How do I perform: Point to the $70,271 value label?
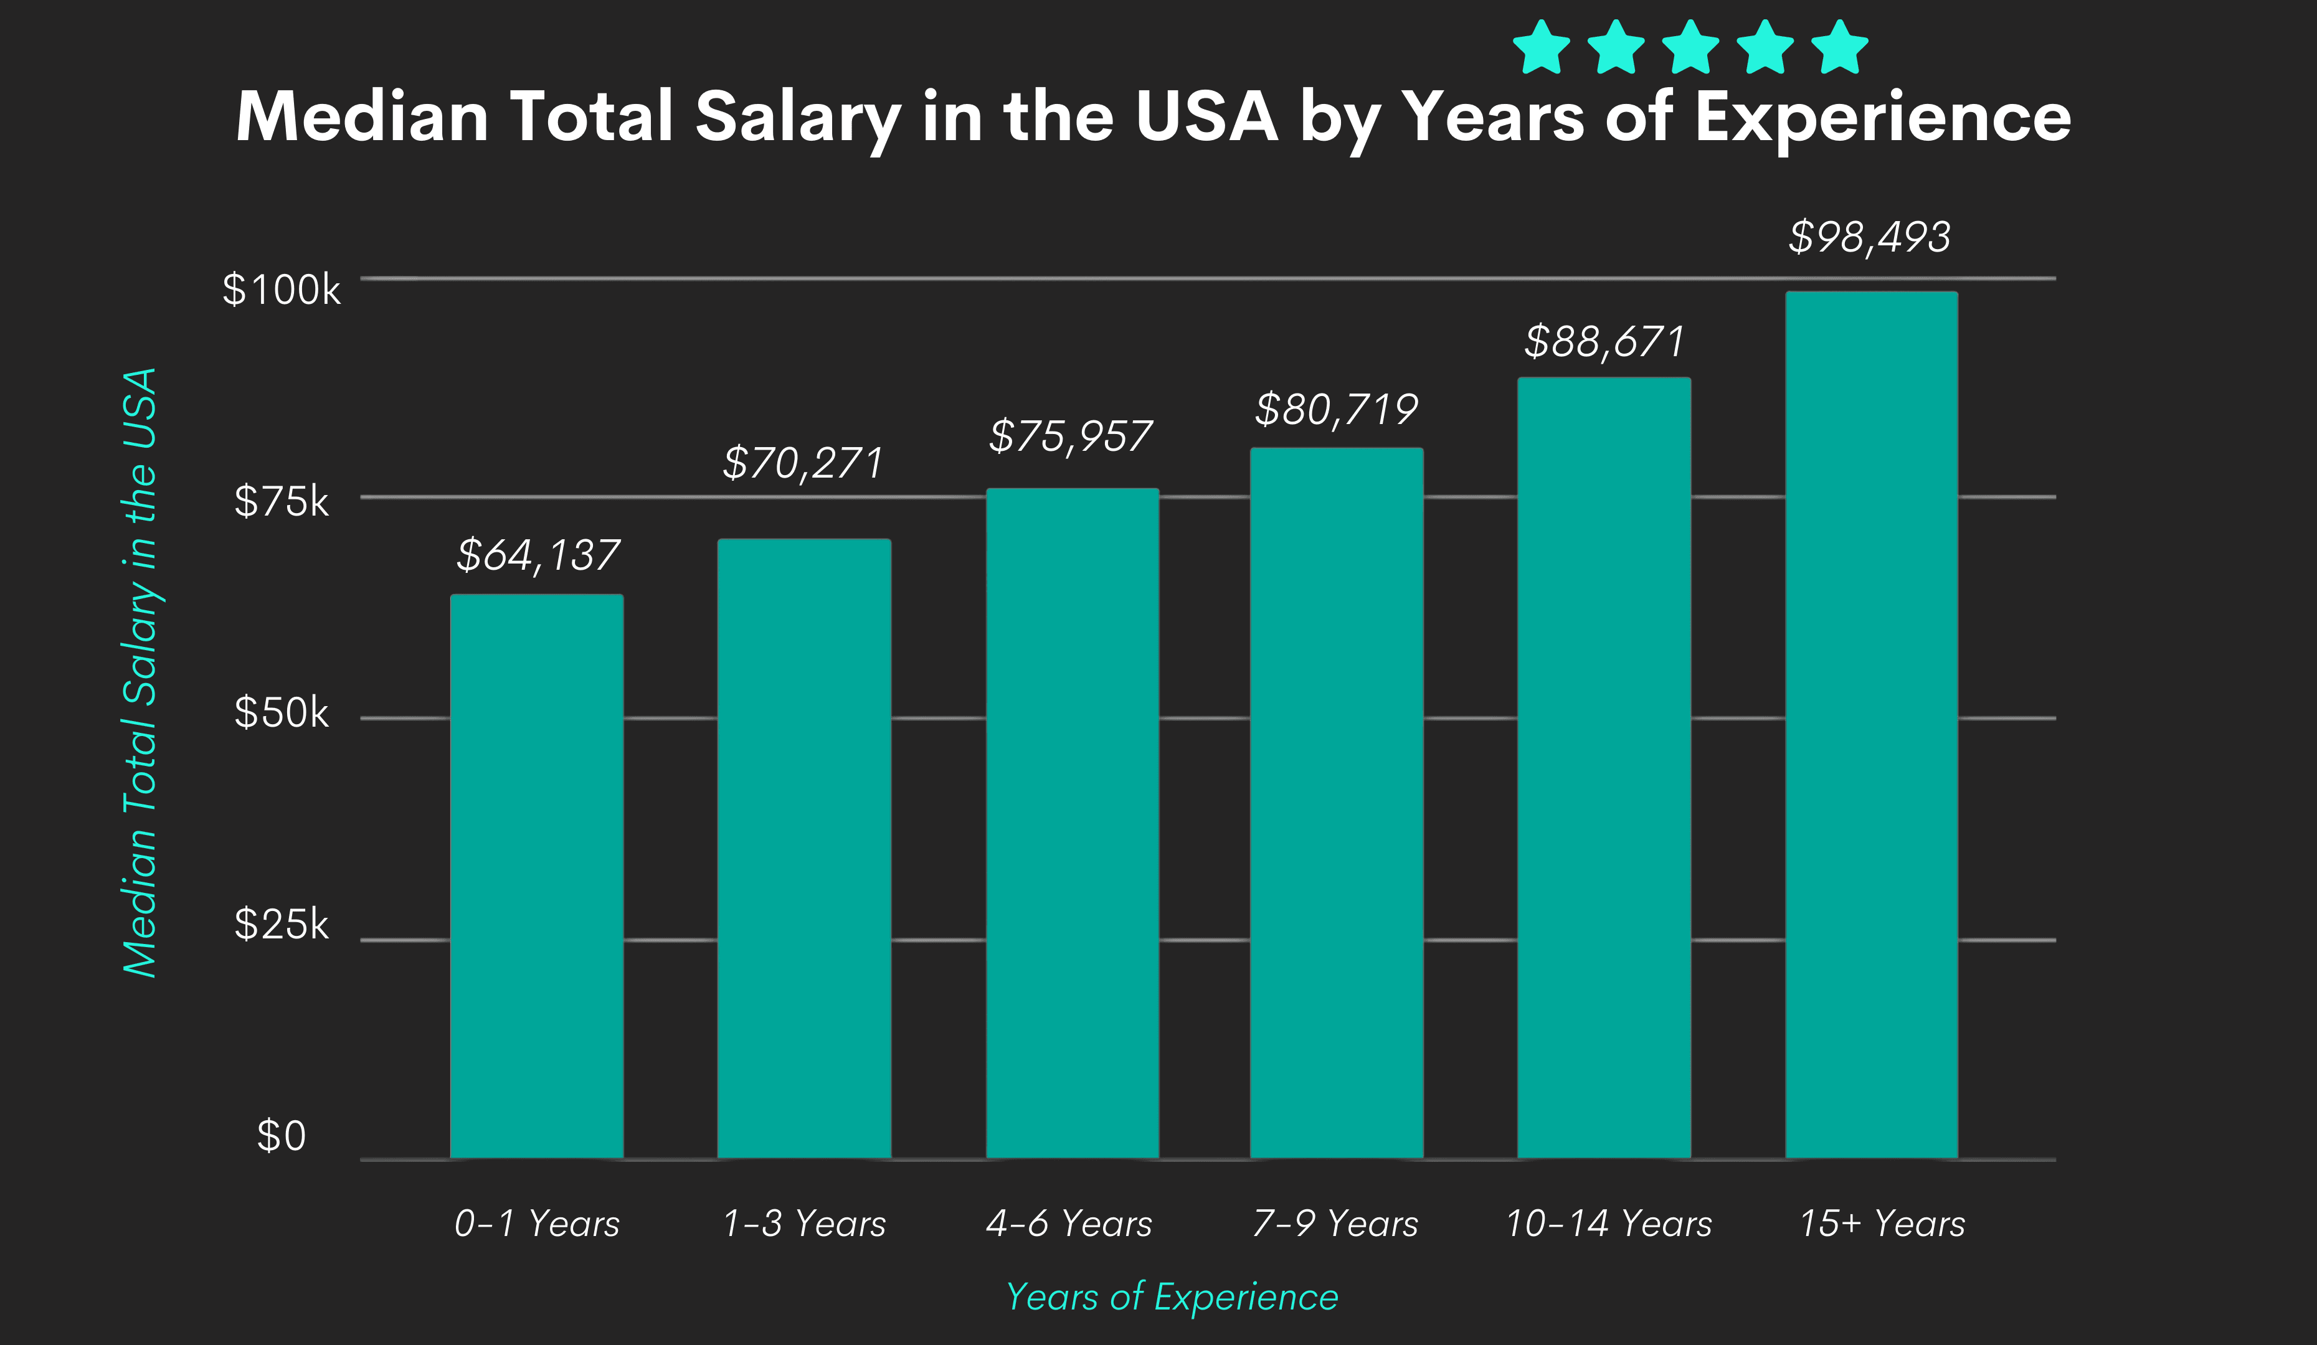(803, 463)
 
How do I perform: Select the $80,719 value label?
(1336, 409)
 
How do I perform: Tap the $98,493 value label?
(1869, 237)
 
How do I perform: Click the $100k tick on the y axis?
(282, 290)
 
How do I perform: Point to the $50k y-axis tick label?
(282, 712)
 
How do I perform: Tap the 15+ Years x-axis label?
(1881, 1224)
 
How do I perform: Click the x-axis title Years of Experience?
(1172, 1296)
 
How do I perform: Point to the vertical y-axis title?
(141, 672)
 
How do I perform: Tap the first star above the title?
(1541, 48)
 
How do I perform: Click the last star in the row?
(1840, 48)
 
